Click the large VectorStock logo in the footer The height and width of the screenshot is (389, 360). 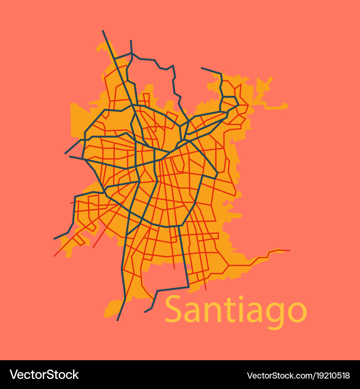[44, 375]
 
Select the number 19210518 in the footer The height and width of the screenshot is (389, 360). [331, 376]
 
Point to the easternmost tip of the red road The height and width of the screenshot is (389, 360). [289, 250]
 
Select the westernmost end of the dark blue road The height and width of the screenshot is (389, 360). [54, 239]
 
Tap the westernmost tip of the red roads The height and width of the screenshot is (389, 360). [54, 256]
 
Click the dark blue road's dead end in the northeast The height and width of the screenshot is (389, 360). [202, 68]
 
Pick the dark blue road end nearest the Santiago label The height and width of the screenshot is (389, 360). [145, 312]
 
